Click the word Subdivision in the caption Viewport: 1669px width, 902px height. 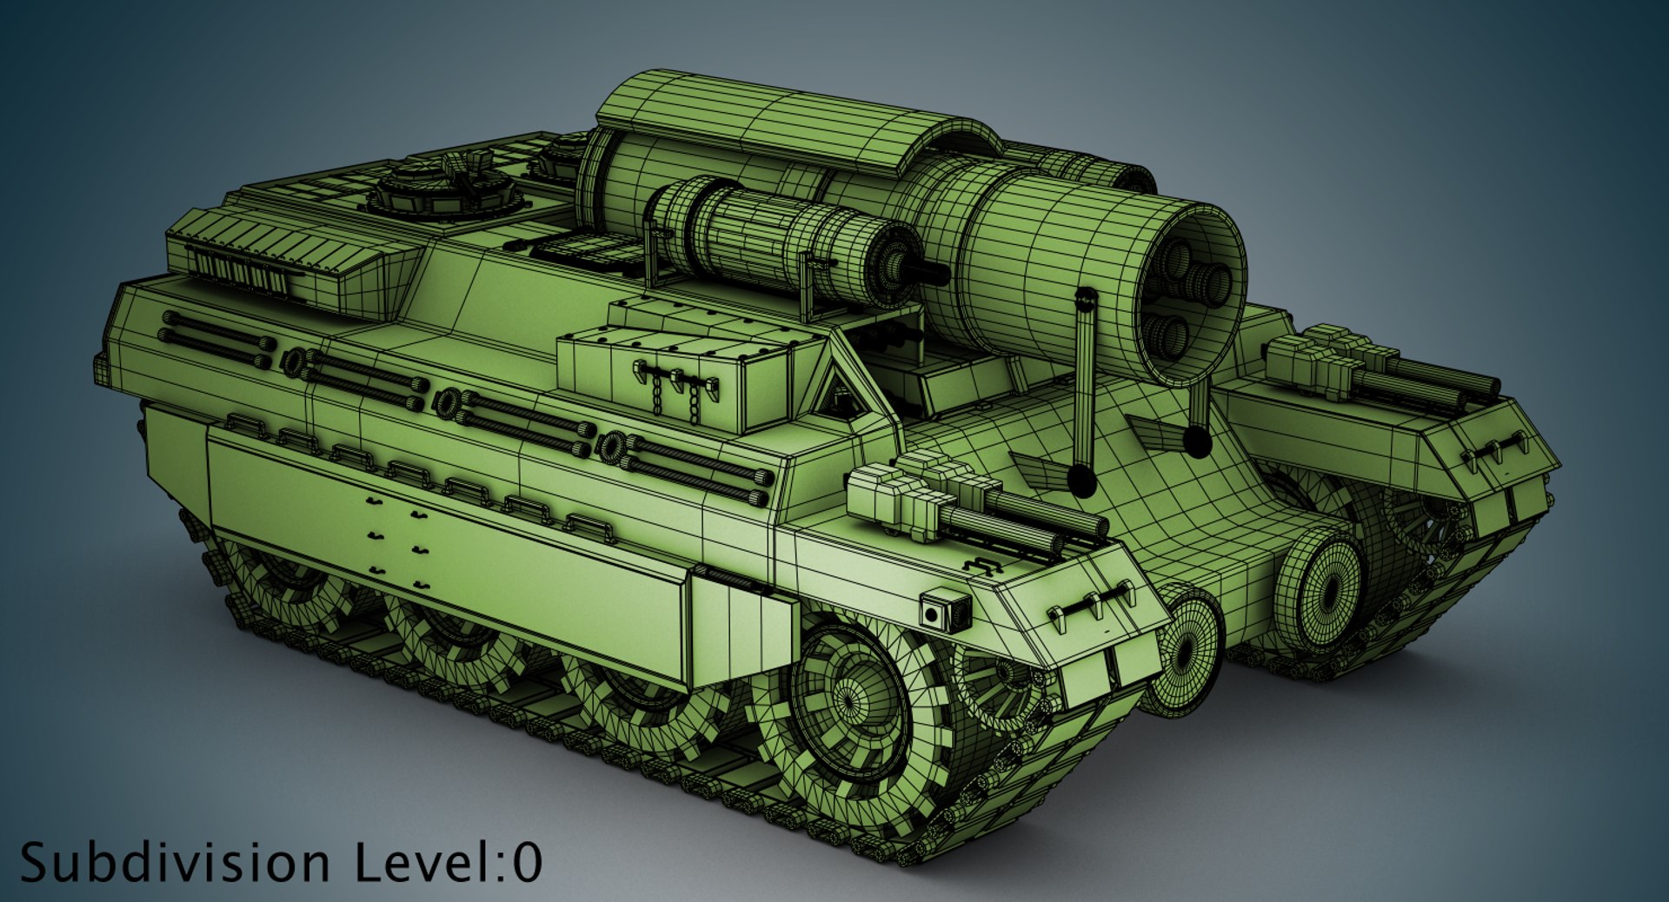click(x=174, y=863)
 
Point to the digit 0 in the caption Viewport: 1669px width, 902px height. click(x=527, y=863)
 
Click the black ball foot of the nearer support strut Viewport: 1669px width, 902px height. click(x=1082, y=480)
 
